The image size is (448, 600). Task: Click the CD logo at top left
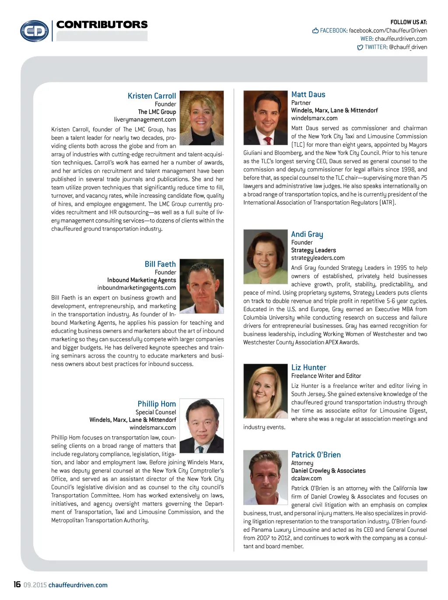(x=35, y=31)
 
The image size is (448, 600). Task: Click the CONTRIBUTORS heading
(x=102, y=25)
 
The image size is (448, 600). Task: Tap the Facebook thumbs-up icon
(x=315, y=31)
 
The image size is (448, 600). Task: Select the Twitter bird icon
(x=360, y=47)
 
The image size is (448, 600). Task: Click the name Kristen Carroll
(x=152, y=96)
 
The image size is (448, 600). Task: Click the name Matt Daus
(x=308, y=95)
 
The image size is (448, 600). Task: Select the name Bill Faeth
(x=160, y=264)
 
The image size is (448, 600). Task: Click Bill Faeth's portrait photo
(x=202, y=286)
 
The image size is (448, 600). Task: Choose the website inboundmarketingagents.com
(x=136, y=288)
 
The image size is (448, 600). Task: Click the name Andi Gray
(x=307, y=234)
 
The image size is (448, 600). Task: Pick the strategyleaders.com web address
(x=318, y=258)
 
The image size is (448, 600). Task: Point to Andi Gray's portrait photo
(x=265, y=256)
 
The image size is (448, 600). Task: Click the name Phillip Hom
(x=157, y=404)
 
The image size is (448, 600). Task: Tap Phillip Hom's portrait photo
(x=202, y=425)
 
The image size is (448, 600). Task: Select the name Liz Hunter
(x=308, y=368)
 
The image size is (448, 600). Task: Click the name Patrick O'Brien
(x=316, y=455)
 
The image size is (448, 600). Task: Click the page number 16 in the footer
(x=17, y=585)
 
